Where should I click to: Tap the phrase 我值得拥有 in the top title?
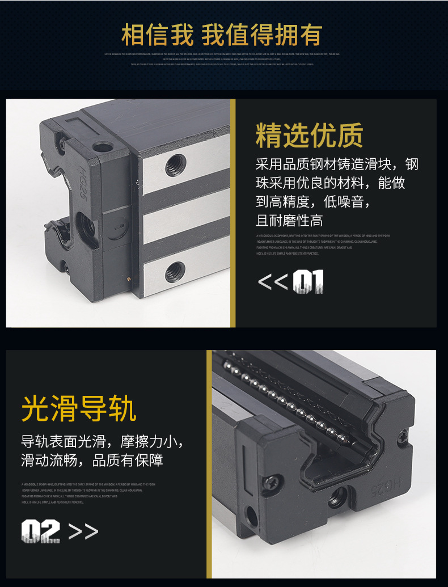pos(262,35)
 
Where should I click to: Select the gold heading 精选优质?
pos(310,136)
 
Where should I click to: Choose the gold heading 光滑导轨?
pos(79,408)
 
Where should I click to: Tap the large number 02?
pos(40,531)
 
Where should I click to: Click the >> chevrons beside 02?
pos(83,531)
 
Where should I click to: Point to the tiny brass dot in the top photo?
pos(130,279)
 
